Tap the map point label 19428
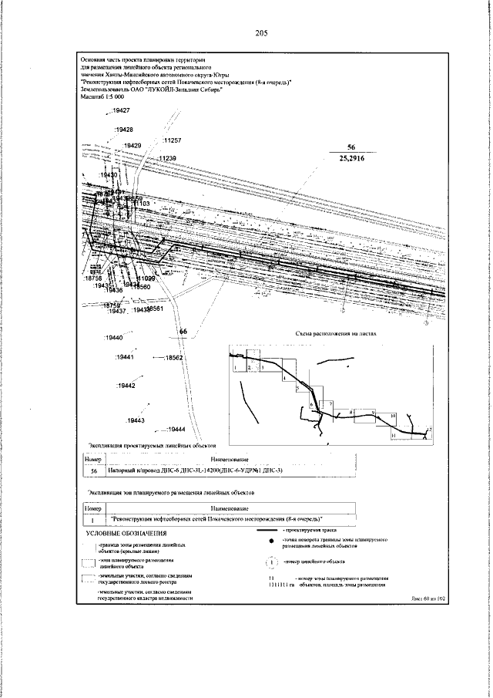[123, 130]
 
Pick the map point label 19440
[114, 338]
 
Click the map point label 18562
[173, 359]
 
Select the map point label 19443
[136, 420]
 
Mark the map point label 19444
[175, 429]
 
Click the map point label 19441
[125, 358]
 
